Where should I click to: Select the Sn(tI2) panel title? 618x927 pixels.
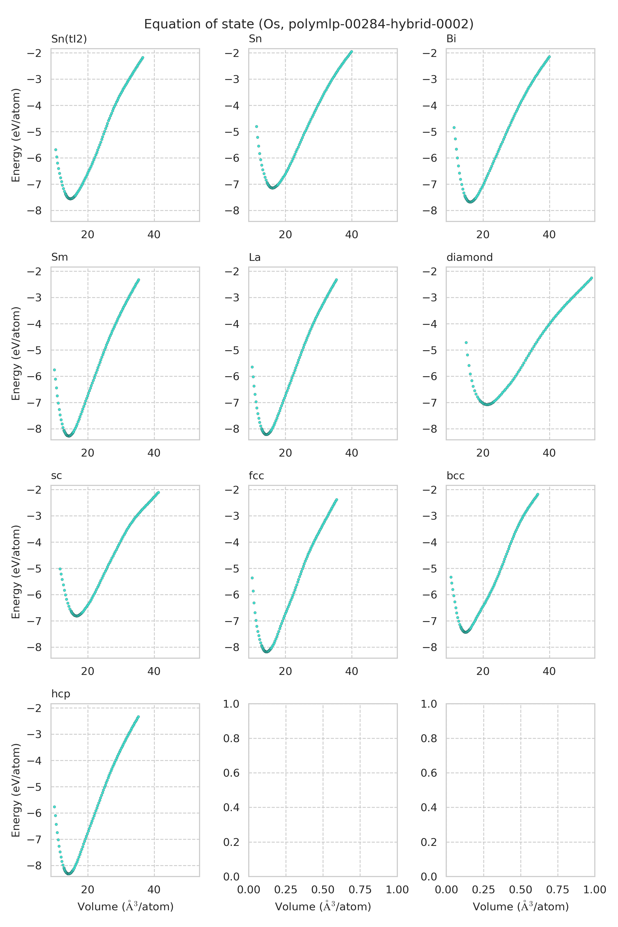tap(69, 39)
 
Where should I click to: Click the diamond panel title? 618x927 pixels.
tap(469, 257)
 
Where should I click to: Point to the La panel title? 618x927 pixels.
tap(255, 257)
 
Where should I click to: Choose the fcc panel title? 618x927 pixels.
tap(256, 476)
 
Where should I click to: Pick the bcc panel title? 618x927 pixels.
tap(455, 476)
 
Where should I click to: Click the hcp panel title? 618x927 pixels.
tap(61, 694)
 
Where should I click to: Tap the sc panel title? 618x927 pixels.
tap(56, 476)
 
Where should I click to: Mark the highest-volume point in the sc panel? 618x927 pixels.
tap(158, 493)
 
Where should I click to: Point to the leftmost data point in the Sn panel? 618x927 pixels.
tap(256, 126)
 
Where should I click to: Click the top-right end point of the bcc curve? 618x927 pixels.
tap(537, 494)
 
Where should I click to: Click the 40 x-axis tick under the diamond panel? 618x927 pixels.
tap(549, 453)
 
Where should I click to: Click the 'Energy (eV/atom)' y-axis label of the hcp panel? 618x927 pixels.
tap(16, 790)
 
